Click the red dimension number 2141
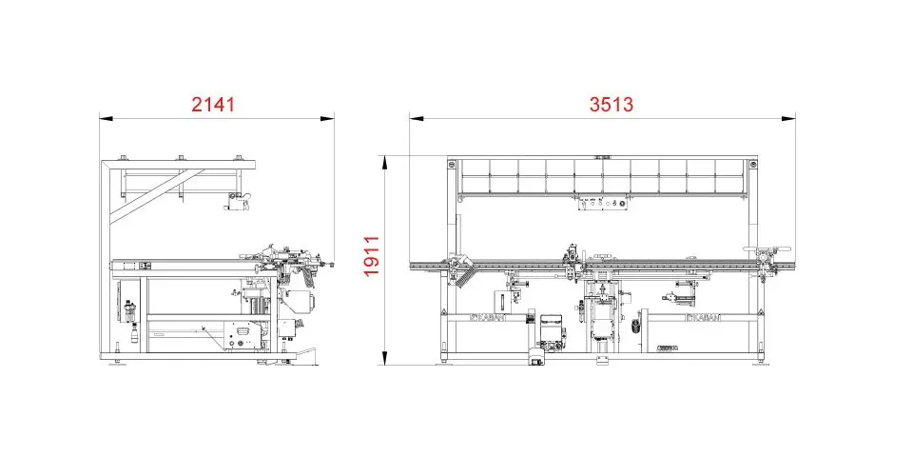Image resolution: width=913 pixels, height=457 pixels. point(213,105)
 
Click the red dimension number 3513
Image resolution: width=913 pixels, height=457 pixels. point(611,105)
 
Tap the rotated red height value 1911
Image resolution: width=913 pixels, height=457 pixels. point(371,256)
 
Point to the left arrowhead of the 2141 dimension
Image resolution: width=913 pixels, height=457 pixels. point(106,119)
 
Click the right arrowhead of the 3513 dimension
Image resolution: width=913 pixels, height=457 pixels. point(788,119)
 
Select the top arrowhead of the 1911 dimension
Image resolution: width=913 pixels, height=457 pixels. point(384,163)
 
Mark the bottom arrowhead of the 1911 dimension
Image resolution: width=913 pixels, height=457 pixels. point(384,358)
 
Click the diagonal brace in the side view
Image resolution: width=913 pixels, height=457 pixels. point(157,196)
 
